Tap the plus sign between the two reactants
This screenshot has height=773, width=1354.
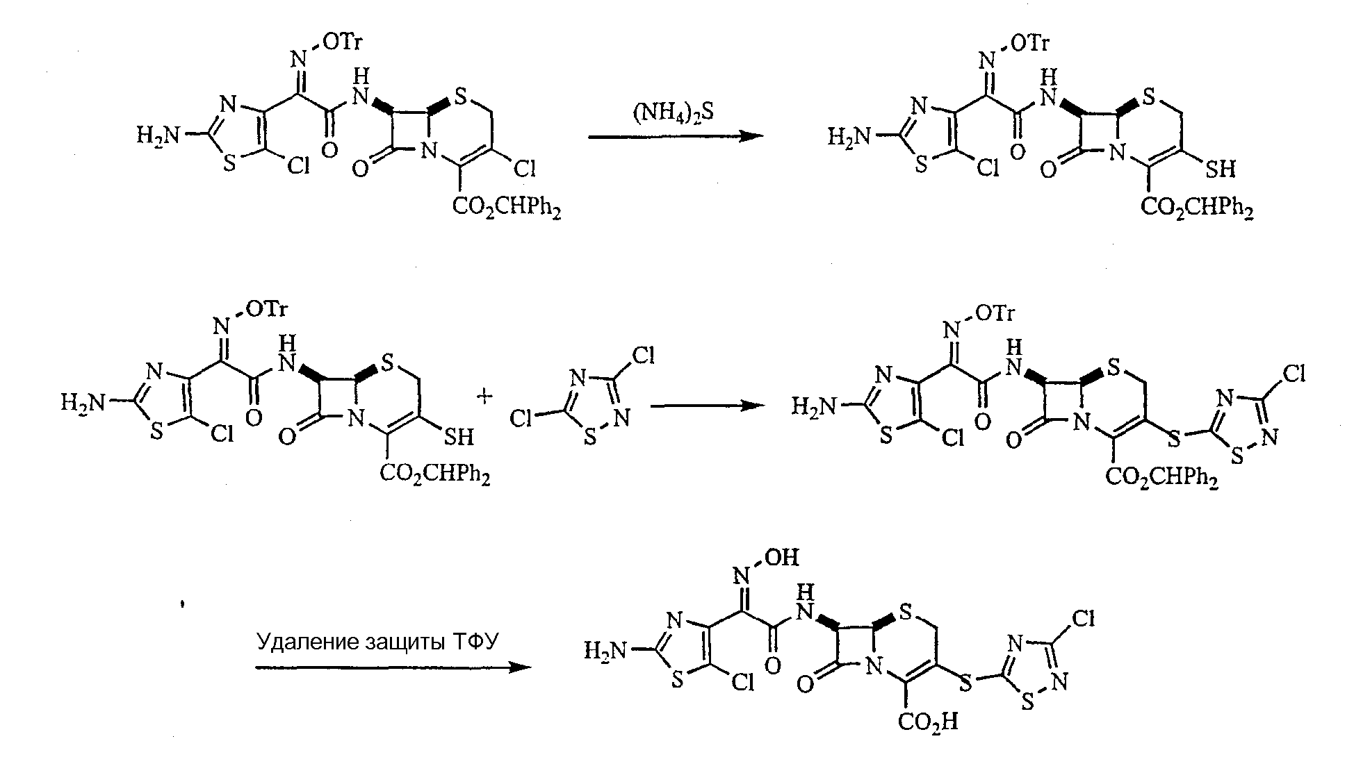(485, 395)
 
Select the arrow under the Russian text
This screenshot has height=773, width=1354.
(393, 667)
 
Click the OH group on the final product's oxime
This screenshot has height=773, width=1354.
(785, 556)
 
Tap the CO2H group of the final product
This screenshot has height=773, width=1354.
(928, 722)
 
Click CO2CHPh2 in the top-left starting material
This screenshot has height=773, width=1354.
(507, 208)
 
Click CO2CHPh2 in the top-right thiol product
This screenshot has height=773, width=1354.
(1197, 208)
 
